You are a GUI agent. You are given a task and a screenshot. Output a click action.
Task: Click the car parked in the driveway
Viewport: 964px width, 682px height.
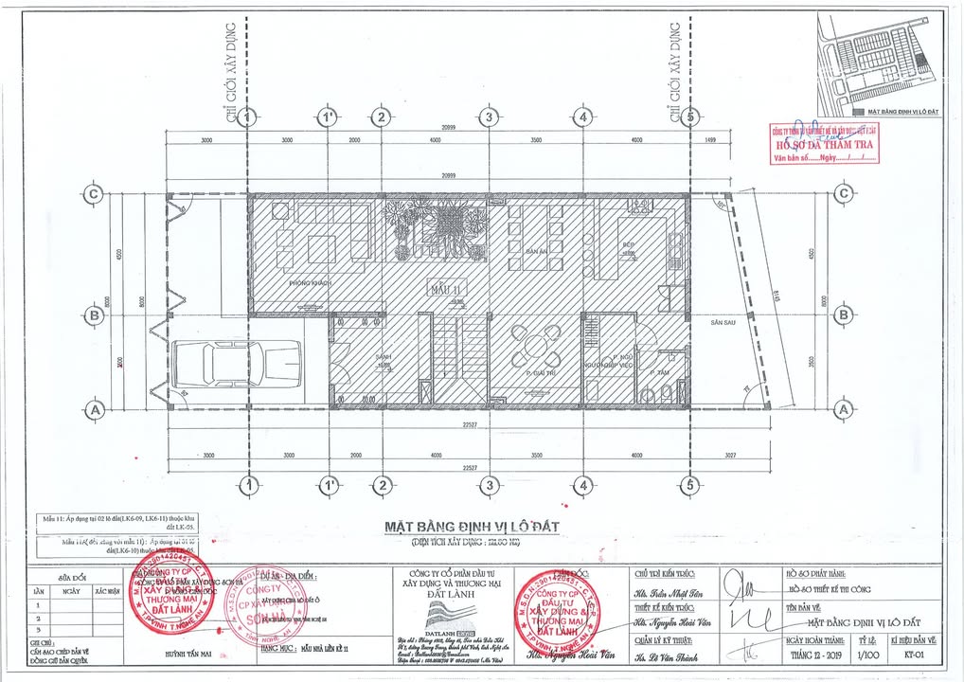coord(237,364)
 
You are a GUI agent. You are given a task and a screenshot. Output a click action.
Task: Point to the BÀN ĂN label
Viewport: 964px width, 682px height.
coord(537,251)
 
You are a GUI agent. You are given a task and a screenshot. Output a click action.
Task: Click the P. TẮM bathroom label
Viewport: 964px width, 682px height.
coord(660,374)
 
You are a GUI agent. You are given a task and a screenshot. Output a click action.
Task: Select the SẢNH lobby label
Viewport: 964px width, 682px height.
coord(384,355)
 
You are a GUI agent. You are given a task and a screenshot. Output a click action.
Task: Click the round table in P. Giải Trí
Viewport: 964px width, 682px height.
coord(536,346)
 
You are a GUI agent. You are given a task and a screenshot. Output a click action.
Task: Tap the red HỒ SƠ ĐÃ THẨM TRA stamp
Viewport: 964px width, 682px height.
coord(824,145)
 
